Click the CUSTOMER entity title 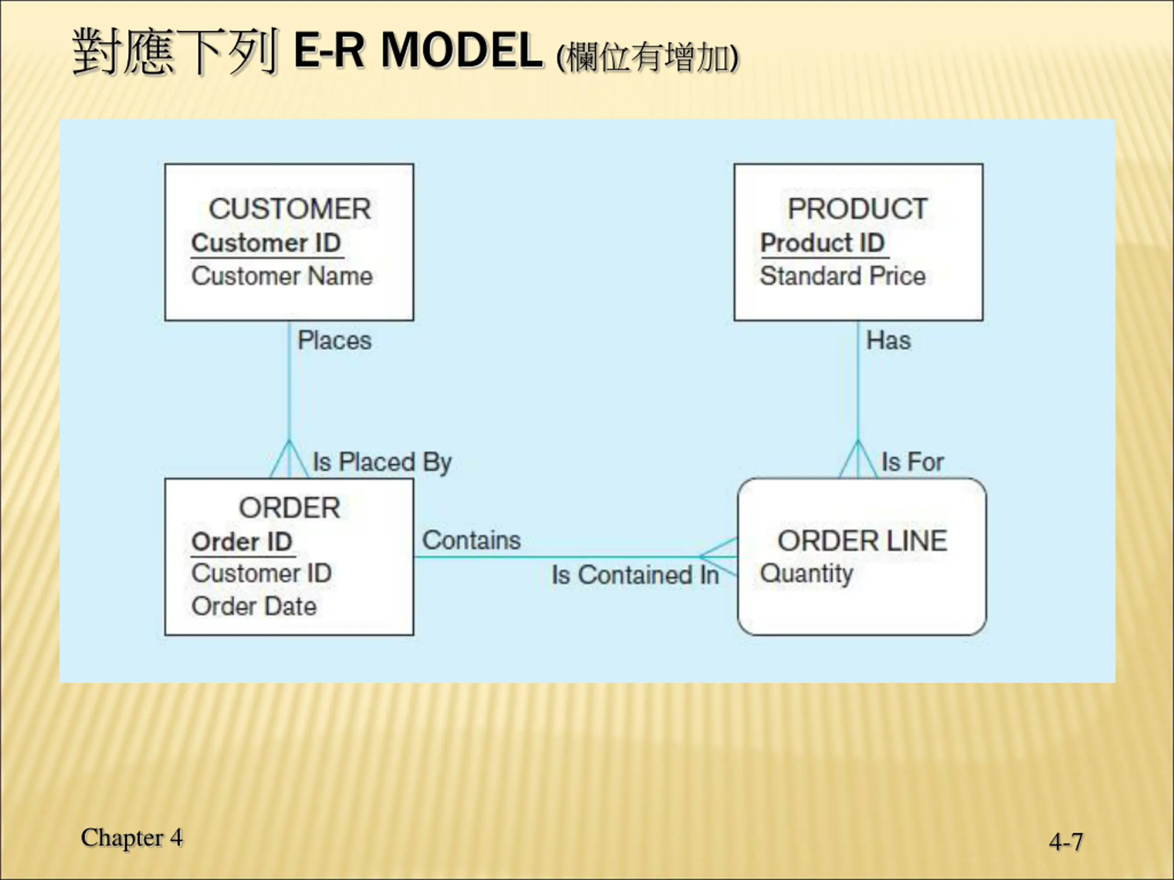(289, 209)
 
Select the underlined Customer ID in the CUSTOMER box (266, 243)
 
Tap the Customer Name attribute (282, 276)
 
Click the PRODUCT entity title (857, 209)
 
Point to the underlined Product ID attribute (822, 243)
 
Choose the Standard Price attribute (842, 276)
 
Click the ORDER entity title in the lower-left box (289, 508)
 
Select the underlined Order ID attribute (242, 542)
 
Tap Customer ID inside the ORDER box (262, 573)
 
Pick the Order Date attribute (254, 606)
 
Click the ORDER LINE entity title (862, 541)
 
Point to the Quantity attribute (806, 573)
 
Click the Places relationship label (334, 341)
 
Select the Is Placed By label (382, 462)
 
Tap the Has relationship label (888, 341)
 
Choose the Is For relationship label (912, 462)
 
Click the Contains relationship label (471, 540)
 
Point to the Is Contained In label (635, 575)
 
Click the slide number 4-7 (1066, 842)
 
